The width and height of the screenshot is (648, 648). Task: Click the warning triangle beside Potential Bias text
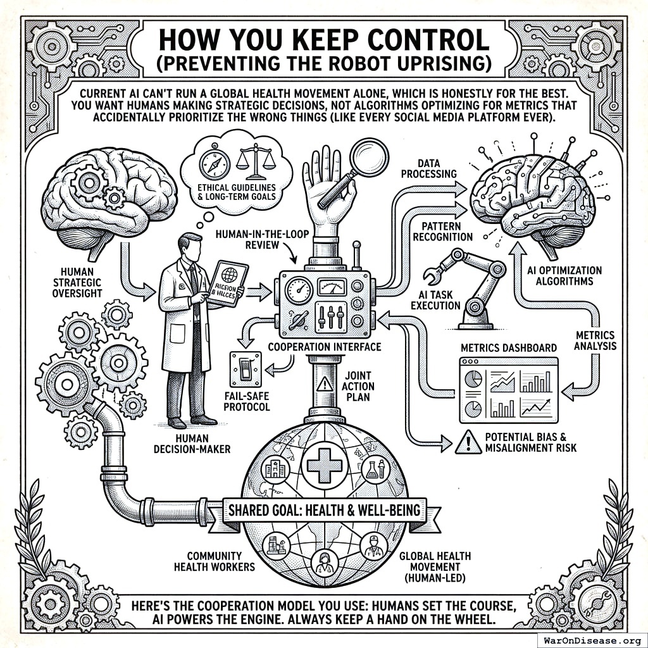[468, 441]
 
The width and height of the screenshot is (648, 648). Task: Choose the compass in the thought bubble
[212, 163]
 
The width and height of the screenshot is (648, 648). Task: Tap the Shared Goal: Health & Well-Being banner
[324, 509]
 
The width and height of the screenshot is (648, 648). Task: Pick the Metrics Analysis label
[595, 340]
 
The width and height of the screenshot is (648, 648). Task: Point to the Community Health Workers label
[214, 559]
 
